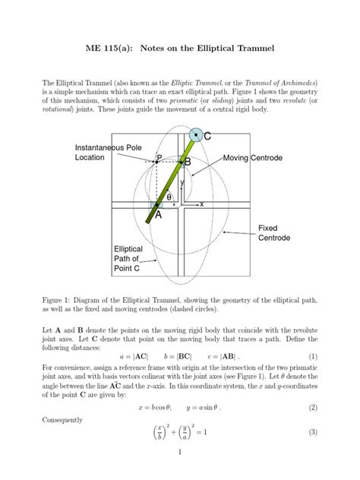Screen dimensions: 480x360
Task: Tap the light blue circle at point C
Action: click(x=196, y=135)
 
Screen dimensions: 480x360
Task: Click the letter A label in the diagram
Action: click(x=158, y=215)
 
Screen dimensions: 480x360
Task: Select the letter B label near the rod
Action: click(x=187, y=163)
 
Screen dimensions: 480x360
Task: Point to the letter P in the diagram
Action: click(x=159, y=158)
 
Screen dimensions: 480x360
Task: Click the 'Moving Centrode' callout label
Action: click(x=252, y=158)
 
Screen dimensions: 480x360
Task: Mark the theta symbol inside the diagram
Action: click(x=170, y=197)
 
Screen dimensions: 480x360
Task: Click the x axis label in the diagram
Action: click(x=202, y=205)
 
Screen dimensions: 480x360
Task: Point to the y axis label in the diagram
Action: click(x=182, y=183)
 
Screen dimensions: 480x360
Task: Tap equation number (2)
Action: click(x=312, y=408)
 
